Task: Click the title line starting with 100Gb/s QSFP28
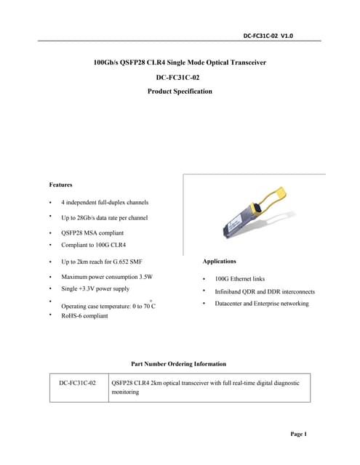[x=180, y=63]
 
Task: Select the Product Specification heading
[x=180, y=92]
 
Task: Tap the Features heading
[x=60, y=185]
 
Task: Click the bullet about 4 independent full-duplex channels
[x=105, y=202]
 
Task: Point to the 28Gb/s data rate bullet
[x=104, y=218]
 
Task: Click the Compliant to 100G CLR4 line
[x=94, y=246]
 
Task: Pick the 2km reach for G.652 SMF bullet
[x=101, y=262]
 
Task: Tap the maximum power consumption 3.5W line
[x=107, y=278]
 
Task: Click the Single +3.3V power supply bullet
[x=95, y=289]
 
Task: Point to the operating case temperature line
[x=108, y=307]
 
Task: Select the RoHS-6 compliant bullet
[x=84, y=316]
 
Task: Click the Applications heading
[x=219, y=261]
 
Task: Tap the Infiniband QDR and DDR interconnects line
[x=264, y=291]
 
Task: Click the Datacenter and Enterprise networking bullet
[x=261, y=304]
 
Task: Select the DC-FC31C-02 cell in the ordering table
[x=78, y=382]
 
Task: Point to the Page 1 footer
[x=299, y=434]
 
